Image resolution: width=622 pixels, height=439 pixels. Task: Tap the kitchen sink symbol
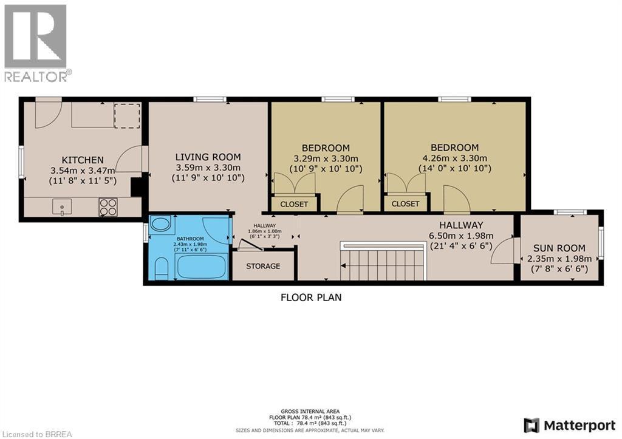(62, 207)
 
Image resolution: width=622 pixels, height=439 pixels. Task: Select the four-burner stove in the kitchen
(108, 207)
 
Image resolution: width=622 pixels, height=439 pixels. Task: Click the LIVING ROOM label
(208, 157)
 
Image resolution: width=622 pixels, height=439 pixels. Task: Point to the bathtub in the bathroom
(200, 265)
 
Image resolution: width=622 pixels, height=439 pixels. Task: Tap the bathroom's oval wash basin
(160, 224)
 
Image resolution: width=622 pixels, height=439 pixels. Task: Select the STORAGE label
(263, 266)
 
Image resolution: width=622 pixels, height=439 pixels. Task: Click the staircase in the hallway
(383, 264)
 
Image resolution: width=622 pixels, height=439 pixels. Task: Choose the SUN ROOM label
(559, 248)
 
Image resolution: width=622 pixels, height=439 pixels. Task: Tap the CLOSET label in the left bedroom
(293, 204)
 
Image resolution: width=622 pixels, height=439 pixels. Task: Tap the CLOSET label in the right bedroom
(405, 204)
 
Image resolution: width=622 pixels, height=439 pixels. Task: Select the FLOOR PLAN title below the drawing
(311, 298)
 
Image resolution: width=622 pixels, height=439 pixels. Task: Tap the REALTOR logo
(36, 43)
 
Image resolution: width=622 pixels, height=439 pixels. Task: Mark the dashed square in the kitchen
(128, 115)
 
